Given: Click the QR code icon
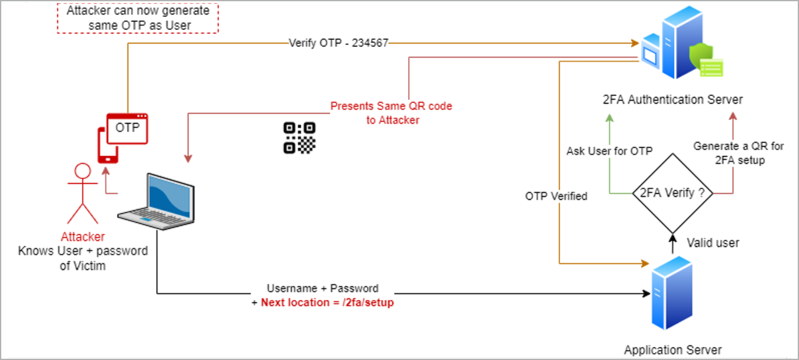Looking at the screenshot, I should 299,137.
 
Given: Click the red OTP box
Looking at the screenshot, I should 128,128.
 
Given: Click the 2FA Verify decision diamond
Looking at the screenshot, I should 672,193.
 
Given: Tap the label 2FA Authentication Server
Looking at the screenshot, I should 672,100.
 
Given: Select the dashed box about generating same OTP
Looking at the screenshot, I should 139,17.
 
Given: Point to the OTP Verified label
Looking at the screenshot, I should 556,196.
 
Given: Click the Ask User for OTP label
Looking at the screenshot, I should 609,151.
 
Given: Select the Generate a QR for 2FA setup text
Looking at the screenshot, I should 738,153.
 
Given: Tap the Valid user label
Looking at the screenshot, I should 713,242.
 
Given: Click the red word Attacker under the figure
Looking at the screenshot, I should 83,237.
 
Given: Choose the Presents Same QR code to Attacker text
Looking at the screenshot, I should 391,113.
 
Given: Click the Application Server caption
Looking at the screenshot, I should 672,349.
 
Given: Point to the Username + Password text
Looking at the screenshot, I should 323,288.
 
